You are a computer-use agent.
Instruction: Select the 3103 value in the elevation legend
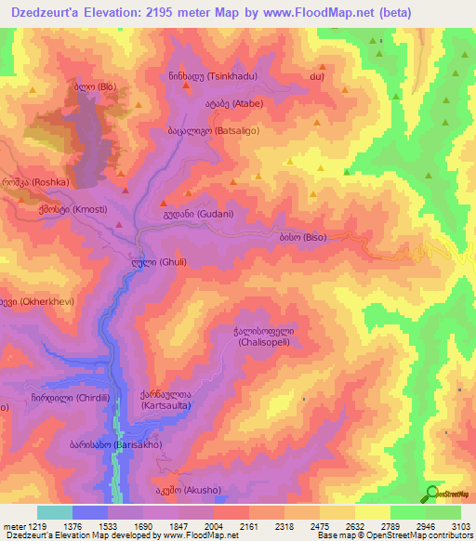click(460, 525)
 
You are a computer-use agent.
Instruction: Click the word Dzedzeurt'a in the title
click(47, 13)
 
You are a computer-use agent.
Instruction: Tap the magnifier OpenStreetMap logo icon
click(430, 494)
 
